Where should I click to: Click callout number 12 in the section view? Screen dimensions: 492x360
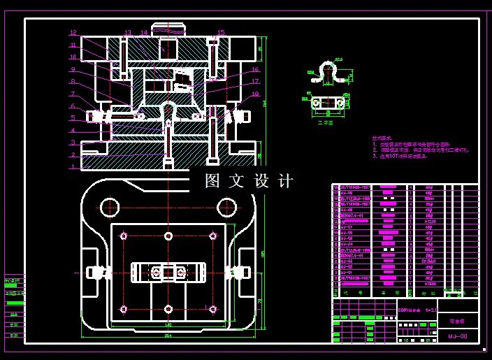tap(73, 33)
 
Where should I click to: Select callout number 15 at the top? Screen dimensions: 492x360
tap(221, 32)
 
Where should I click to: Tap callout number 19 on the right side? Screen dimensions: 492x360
tap(255, 94)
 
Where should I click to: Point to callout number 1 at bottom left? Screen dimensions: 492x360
tap(72, 166)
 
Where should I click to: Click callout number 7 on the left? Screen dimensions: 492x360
tap(72, 94)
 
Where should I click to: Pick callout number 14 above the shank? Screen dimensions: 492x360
tap(144, 32)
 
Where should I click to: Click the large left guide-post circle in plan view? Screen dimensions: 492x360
tap(109, 207)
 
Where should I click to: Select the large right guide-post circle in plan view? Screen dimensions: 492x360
tap(226, 207)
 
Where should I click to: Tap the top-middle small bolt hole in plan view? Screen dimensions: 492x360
tap(168, 236)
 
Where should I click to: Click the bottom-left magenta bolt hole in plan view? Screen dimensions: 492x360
tap(124, 308)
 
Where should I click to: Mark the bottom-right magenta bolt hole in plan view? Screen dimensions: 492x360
tap(213, 308)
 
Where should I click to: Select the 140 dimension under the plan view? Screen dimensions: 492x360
tap(168, 325)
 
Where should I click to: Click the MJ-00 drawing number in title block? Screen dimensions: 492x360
tap(458, 336)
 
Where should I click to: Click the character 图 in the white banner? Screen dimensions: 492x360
tap(212, 181)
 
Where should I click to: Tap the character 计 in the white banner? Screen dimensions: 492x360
tap(285, 181)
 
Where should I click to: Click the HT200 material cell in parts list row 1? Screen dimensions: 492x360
tap(430, 285)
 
